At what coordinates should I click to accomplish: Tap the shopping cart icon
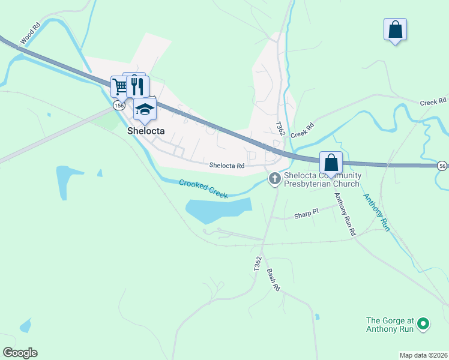120,86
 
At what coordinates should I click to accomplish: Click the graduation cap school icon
145,109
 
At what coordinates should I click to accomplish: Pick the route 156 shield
119,105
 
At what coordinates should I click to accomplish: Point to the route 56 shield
442,166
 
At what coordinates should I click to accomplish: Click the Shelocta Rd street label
228,166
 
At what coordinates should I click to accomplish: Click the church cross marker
275,178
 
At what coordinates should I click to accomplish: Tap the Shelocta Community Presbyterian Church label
321,179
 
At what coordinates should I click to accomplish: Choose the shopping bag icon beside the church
331,162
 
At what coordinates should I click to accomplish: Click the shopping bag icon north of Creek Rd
395,29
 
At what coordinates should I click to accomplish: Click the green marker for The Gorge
423,324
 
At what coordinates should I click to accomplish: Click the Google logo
20,353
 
